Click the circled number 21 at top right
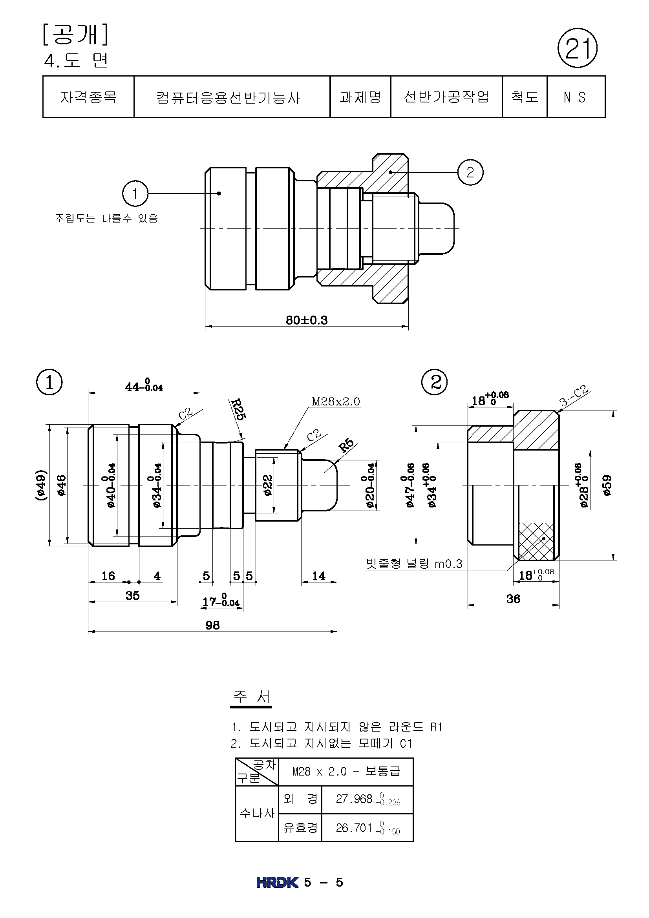pyautogui.click(x=577, y=48)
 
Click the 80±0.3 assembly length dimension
pyautogui.click(x=306, y=320)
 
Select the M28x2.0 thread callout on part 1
pyautogui.click(x=336, y=402)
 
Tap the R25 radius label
pyautogui.click(x=238, y=409)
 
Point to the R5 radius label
pyautogui.click(x=346, y=445)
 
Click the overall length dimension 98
pyautogui.click(x=212, y=625)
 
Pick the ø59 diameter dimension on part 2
pyautogui.click(x=607, y=485)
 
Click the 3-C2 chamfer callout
pyautogui.click(x=574, y=396)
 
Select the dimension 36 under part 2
pyautogui.click(x=513, y=599)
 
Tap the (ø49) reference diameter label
pyautogui.click(x=41, y=485)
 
